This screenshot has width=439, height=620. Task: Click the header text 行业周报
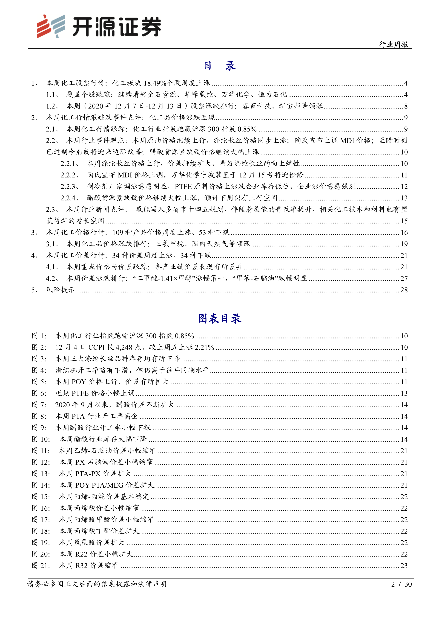[x=393, y=44]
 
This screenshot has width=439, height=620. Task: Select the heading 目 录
[x=219, y=66]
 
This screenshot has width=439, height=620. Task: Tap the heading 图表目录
[x=219, y=319]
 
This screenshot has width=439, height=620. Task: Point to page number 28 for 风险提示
[x=404, y=290]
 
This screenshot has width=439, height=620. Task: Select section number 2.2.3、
[x=70, y=187]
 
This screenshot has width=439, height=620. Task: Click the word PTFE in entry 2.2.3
[x=183, y=187]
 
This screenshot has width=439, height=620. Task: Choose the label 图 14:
[x=41, y=485]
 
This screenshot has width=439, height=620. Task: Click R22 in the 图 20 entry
[x=81, y=554]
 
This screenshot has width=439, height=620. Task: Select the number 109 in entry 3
[x=118, y=233]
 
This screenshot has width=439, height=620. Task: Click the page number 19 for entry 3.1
[x=404, y=244]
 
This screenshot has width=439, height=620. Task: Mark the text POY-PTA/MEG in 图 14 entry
[x=99, y=485]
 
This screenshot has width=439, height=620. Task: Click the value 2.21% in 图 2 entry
[x=204, y=347]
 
